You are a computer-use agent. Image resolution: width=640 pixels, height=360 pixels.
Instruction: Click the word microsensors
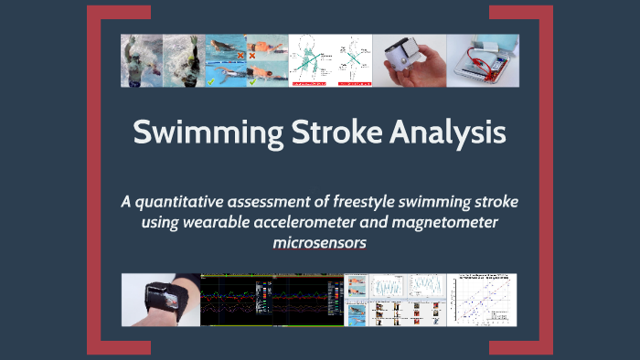click(320, 243)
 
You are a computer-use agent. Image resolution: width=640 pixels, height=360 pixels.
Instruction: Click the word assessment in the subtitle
click(280, 201)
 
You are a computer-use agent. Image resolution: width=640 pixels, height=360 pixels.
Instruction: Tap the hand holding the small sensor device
click(409, 60)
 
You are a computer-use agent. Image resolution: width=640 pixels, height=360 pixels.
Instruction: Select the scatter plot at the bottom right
click(481, 301)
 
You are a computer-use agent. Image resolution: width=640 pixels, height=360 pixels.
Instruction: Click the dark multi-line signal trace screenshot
click(271, 301)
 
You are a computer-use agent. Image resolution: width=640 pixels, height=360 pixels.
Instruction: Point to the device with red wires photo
click(482, 60)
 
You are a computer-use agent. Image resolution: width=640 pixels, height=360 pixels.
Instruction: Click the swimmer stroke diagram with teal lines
click(330, 60)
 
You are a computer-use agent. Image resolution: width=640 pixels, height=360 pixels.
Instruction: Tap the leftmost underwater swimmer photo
click(142, 60)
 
